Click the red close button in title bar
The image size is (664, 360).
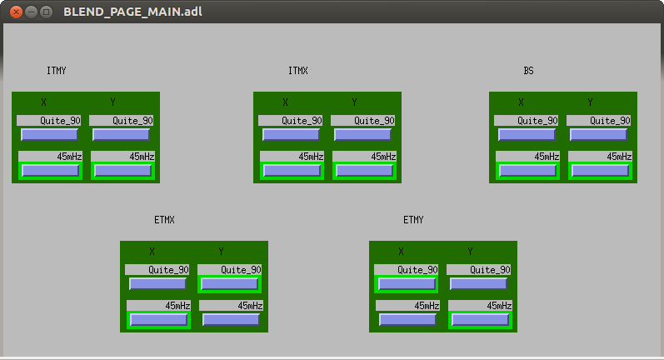[x=16, y=12]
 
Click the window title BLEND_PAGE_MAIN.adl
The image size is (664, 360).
[x=132, y=12]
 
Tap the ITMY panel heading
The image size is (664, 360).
[x=57, y=71]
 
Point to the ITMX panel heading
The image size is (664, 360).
[x=298, y=71]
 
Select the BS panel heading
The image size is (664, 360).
[x=528, y=71]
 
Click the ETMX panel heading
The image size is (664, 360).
[x=164, y=220]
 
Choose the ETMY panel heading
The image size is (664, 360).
[x=413, y=220]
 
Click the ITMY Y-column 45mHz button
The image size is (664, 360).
[x=122, y=170]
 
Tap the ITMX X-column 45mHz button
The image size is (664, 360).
[x=292, y=170]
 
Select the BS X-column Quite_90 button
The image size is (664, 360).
[x=527, y=135]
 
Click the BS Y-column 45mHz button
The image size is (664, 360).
[x=600, y=170]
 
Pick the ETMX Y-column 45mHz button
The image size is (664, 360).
[x=231, y=319]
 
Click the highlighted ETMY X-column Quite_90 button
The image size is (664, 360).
[x=407, y=284]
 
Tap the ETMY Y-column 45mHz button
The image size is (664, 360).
[x=480, y=319]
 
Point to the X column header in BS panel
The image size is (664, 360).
[x=521, y=102]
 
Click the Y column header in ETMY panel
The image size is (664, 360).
[x=470, y=252]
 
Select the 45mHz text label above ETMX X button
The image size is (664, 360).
[x=177, y=306]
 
